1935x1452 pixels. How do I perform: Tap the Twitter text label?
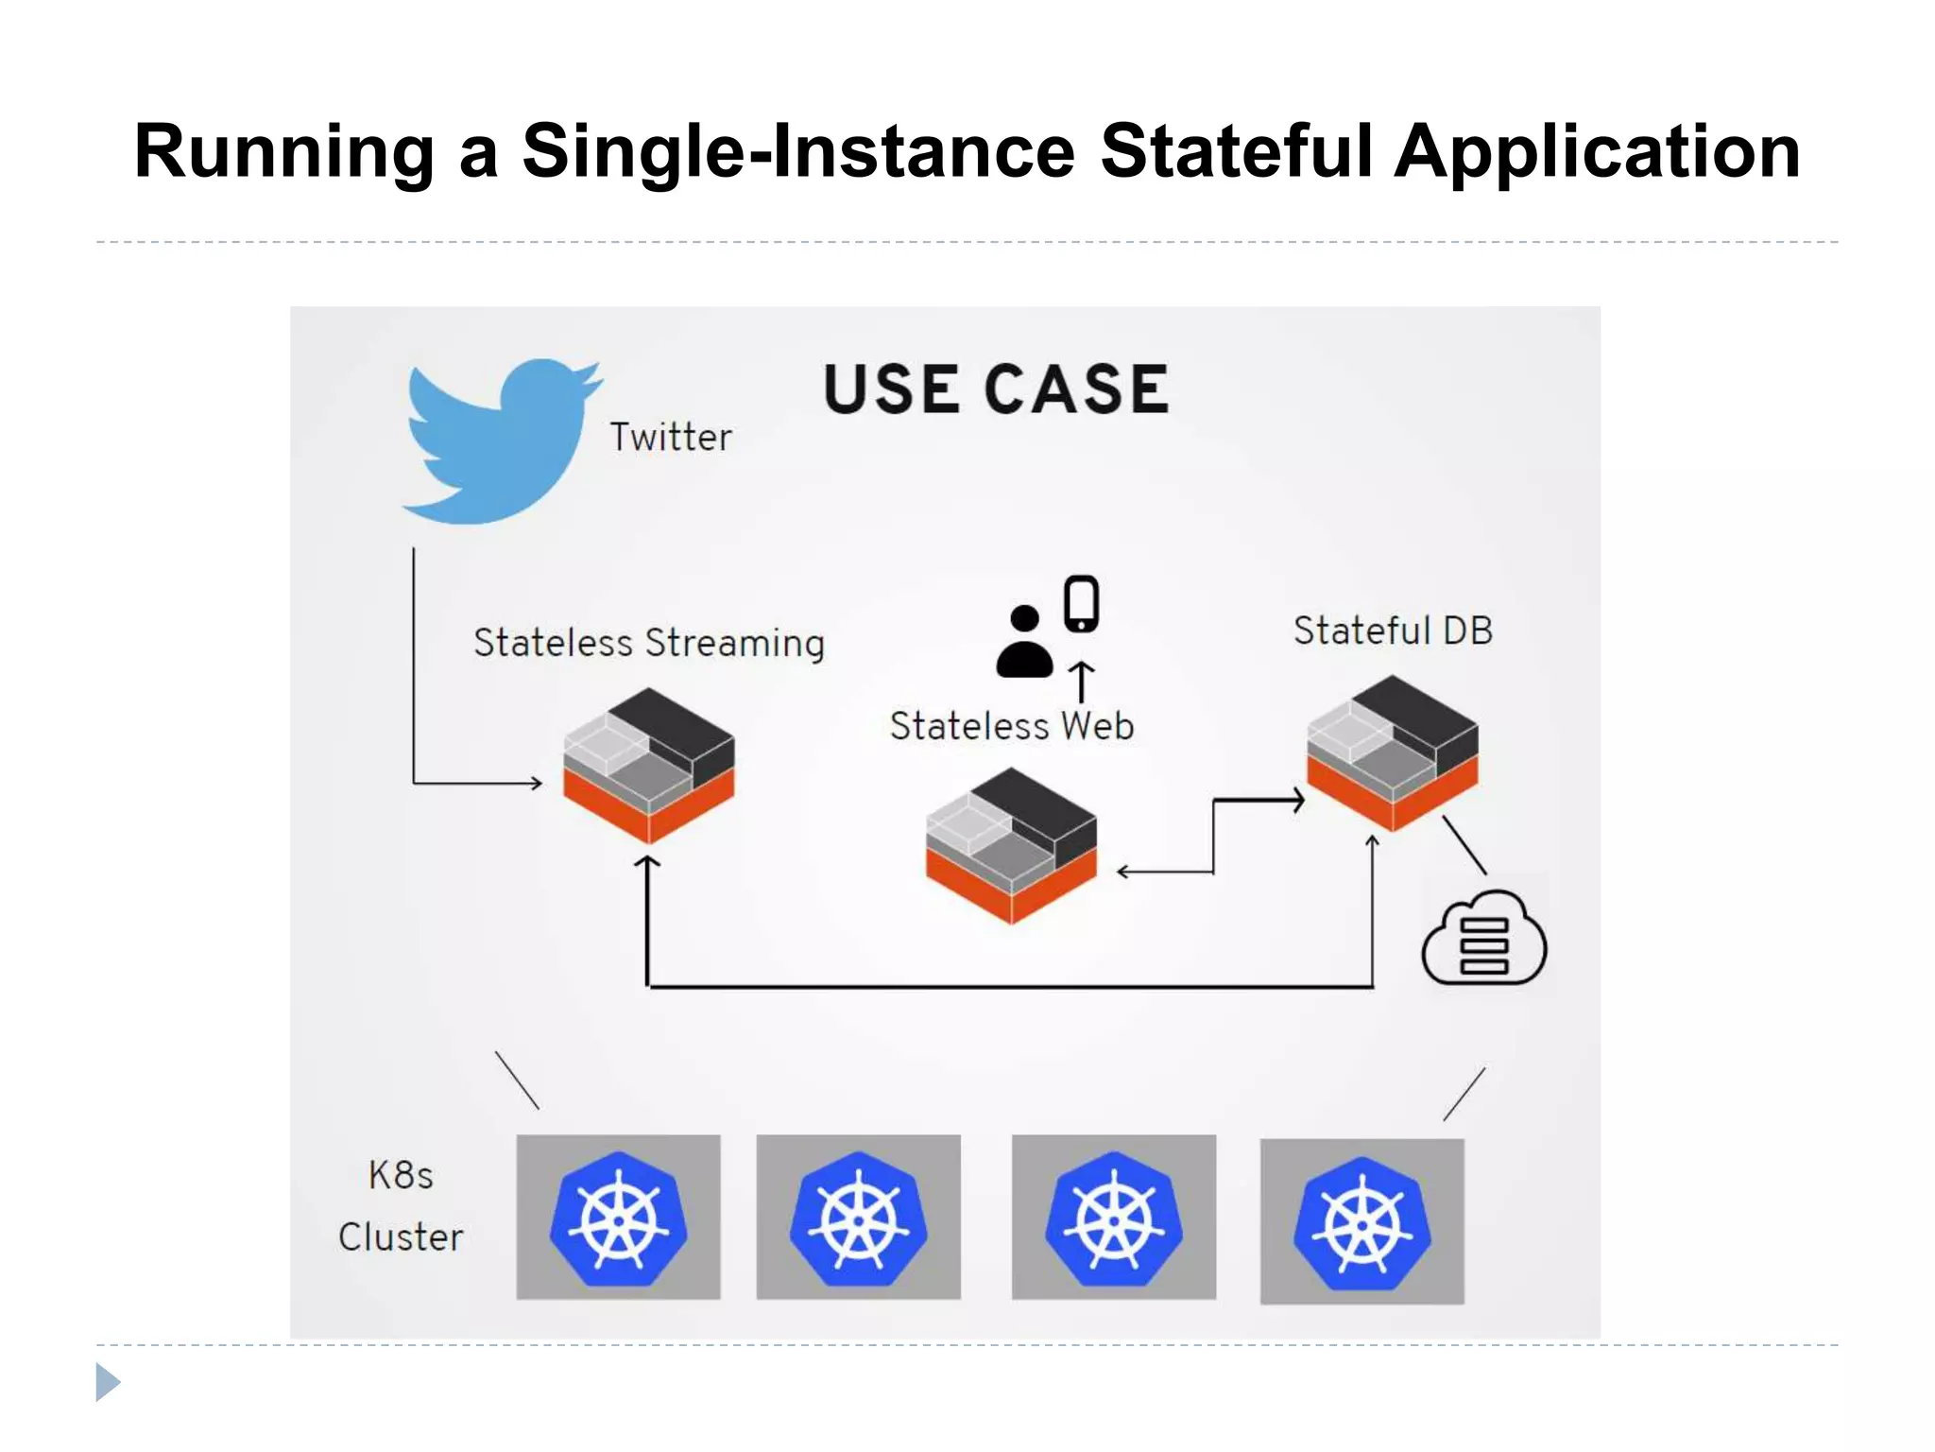point(670,438)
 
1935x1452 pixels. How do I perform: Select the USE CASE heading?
point(996,389)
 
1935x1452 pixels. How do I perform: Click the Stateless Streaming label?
point(649,643)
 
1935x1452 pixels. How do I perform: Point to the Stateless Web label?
point(1011,726)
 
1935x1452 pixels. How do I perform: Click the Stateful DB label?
point(1393,631)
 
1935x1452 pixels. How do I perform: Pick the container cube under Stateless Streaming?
point(648,766)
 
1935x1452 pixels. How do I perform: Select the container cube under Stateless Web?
point(1011,845)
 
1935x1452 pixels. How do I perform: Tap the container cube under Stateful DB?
point(1392,752)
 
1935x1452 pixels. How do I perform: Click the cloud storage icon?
point(1483,940)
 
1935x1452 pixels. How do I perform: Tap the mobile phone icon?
point(1081,603)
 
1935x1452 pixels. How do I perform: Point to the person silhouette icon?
point(1024,643)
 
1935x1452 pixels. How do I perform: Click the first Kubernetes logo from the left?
point(618,1219)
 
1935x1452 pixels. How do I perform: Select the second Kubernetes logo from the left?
point(858,1219)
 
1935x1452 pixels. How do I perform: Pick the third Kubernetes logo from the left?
point(1113,1219)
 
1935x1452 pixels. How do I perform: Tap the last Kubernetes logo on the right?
point(1361,1222)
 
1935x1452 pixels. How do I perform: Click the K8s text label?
point(401,1176)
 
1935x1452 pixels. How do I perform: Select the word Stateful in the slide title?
point(1236,151)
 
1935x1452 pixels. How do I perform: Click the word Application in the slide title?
point(1597,151)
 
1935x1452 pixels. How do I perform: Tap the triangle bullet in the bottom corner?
point(108,1382)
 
